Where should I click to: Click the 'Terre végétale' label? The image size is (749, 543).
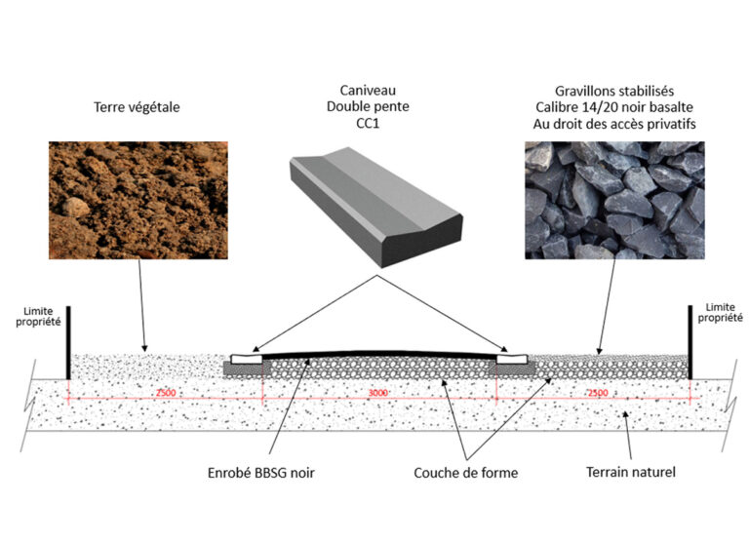(x=138, y=108)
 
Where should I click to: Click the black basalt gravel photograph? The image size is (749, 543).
(x=613, y=200)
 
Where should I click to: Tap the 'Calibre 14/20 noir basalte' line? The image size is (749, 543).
(x=613, y=106)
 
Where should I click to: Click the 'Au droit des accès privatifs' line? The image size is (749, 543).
(x=613, y=124)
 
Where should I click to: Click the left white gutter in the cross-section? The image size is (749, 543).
(x=245, y=358)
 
